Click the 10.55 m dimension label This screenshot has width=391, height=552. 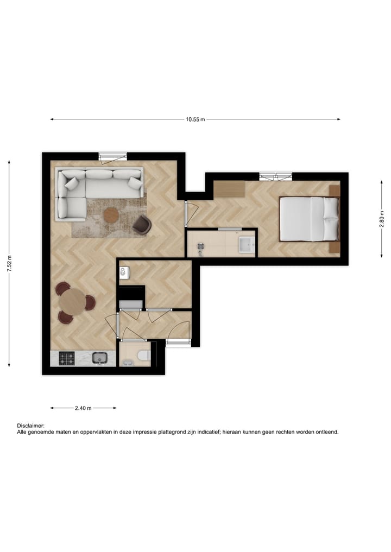click(195, 119)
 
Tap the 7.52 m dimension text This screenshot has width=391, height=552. click(9, 263)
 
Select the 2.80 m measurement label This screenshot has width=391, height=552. click(381, 219)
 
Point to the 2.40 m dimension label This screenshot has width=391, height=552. click(83, 408)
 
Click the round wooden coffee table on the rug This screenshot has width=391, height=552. click(111, 215)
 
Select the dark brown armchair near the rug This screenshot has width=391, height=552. click(142, 224)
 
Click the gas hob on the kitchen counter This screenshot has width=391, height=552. click(67, 358)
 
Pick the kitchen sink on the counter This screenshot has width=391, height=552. click(99, 358)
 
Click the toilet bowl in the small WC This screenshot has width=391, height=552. click(142, 356)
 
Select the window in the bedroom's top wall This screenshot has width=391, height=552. click(276, 176)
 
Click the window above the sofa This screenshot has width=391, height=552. click(113, 156)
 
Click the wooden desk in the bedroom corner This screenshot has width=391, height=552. click(229, 189)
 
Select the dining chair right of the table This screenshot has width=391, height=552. click(90, 303)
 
